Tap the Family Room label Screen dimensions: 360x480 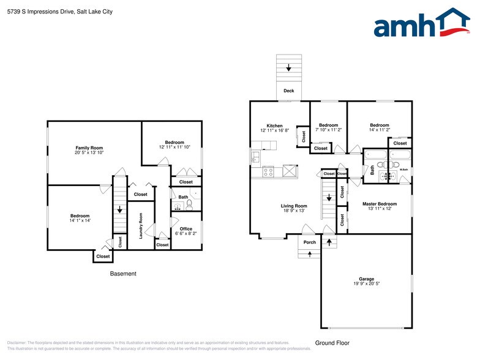tap(89, 148)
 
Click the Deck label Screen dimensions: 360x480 tap(288, 91)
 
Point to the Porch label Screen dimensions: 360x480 tap(310, 242)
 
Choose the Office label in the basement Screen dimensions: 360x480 tap(186, 229)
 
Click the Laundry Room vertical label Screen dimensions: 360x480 tap(141, 226)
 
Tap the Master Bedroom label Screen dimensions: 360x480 tap(379, 204)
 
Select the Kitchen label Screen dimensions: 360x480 tap(274, 126)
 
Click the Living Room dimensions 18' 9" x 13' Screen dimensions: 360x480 tap(294, 211)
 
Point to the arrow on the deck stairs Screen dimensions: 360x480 tap(288, 68)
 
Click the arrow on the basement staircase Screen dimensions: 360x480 tap(119, 210)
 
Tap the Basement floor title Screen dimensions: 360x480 tap(123, 274)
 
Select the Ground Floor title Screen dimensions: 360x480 tap(331, 342)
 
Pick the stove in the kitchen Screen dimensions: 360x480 tap(268, 171)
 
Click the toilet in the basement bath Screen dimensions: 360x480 tap(189, 204)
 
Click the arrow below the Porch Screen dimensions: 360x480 tap(310, 253)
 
